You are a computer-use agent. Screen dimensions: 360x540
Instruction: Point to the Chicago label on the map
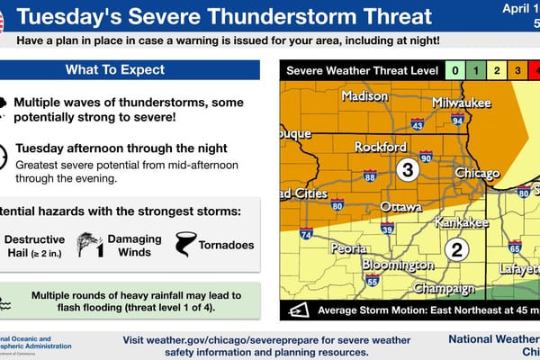coord(477,173)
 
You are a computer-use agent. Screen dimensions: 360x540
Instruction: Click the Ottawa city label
coord(400,206)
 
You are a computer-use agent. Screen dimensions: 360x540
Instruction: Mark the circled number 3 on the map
coord(407,169)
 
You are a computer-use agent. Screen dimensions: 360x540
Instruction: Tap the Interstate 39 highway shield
coord(388,229)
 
